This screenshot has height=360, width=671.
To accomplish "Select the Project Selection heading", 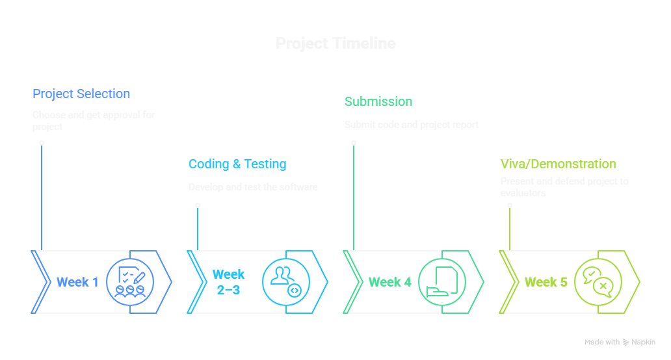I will [81, 94].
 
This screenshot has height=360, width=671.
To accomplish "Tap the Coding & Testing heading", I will [237, 164].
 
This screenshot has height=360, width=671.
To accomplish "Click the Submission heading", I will [378, 101].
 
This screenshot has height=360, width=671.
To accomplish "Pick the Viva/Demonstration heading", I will [558, 164].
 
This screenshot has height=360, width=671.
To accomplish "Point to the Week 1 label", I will [77, 282].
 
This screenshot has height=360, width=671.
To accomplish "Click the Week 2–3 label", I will [229, 282].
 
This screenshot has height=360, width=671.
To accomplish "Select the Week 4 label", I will [390, 282].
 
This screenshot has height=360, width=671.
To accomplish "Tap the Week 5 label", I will [546, 282].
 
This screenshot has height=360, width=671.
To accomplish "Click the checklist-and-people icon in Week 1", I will [129, 282].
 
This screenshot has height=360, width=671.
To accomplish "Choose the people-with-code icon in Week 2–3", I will [285, 282].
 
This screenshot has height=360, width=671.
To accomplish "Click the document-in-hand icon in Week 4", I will [441, 282].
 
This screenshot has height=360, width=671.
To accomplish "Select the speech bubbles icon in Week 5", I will [598, 282].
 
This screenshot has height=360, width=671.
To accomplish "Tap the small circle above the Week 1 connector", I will [42, 143].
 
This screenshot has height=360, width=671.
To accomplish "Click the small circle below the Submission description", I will [354, 143].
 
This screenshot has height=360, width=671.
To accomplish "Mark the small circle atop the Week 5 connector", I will [510, 205].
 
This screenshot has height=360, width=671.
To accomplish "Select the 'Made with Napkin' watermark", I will [620, 342].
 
